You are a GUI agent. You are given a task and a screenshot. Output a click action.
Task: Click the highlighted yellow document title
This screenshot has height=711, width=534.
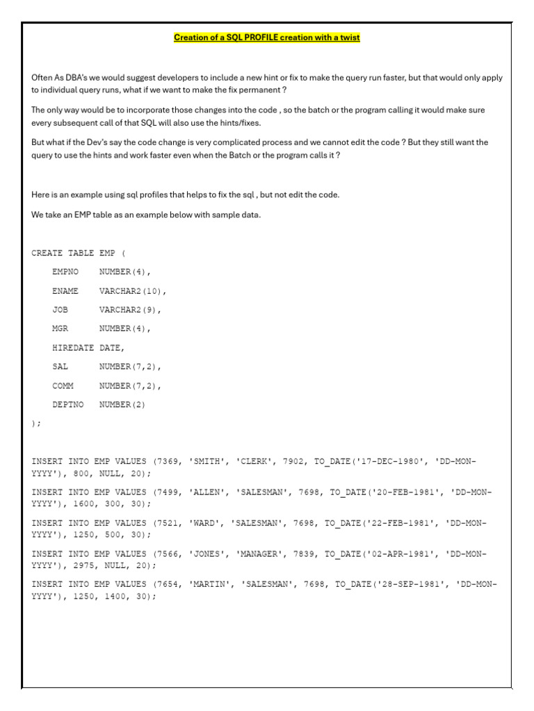tap(266, 37)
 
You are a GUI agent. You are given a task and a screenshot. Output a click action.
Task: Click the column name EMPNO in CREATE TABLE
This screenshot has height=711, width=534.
tap(65, 272)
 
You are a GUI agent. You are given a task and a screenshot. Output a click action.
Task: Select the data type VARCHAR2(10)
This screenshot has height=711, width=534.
tap(133, 291)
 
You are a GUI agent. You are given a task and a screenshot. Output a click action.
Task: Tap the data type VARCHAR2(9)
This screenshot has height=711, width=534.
tap(130, 310)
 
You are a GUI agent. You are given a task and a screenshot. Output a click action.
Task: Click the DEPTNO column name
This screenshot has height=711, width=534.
tap(67, 404)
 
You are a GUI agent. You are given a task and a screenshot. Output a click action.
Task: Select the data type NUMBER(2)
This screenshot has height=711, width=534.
tap(122, 404)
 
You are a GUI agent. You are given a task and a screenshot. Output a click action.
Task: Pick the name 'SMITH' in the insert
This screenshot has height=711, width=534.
tap(207, 461)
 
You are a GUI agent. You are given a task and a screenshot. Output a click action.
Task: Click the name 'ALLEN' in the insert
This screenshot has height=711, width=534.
tap(207, 492)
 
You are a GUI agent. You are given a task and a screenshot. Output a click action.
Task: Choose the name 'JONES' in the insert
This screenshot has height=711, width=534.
tap(207, 553)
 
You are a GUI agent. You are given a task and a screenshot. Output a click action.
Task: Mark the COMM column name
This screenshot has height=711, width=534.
tap(63, 385)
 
